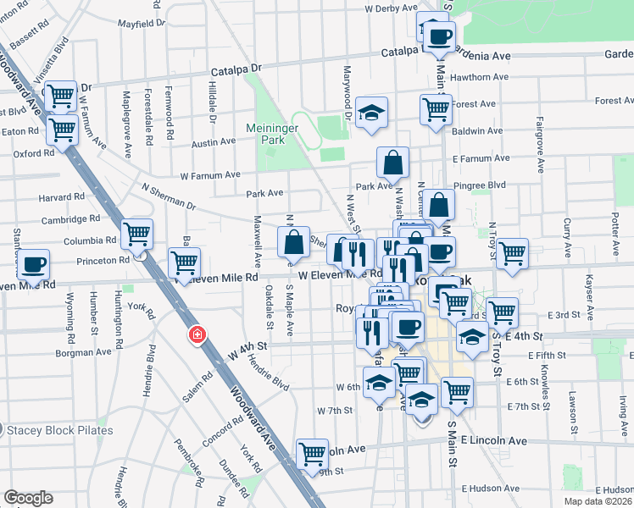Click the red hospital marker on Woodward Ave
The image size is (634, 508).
pyautogui.click(x=197, y=335)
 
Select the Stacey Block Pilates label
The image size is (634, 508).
pyautogui.click(x=61, y=430)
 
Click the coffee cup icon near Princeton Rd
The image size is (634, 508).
pyautogui.click(x=34, y=264)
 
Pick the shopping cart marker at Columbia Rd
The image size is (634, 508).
pyautogui.click(x=136, y=234)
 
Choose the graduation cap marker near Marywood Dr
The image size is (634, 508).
pyautogui.click(x=370, y=114)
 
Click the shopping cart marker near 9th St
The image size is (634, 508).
pyautogui.click(x=312, y=453)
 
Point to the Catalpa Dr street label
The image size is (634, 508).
pyautogui.click(x=239, y=65)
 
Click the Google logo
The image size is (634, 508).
pyautogui.click(x=28, y=498)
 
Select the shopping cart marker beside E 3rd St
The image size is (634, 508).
pyautogui.click(x=502, y=312)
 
